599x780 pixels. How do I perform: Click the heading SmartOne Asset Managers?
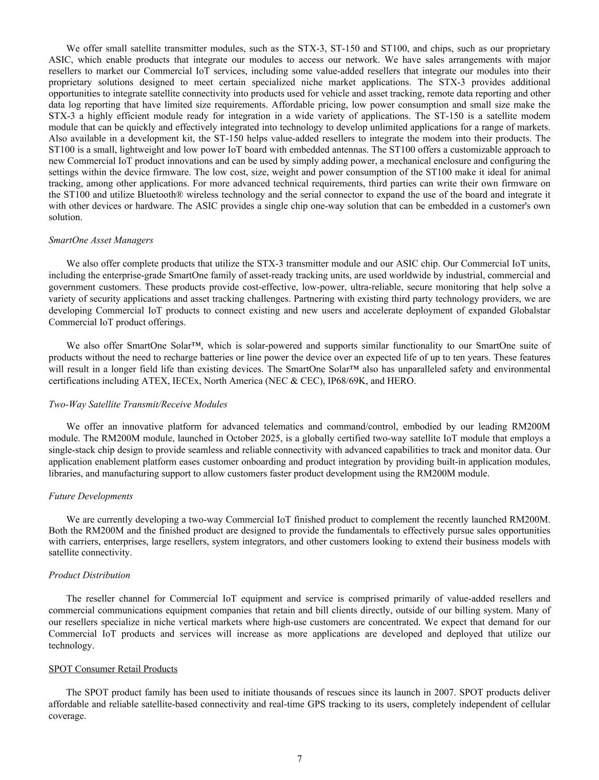click(x=101, y=240)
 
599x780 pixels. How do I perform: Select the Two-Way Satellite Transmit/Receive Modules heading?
click(x=138, y=404)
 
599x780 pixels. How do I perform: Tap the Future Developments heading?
click(x=90, y=496)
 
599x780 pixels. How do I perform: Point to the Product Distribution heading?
click(x=89, y=575)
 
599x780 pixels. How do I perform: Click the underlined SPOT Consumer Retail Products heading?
click(x=113, y=669)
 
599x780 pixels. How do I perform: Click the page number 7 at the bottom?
click(x=299, y=759)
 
